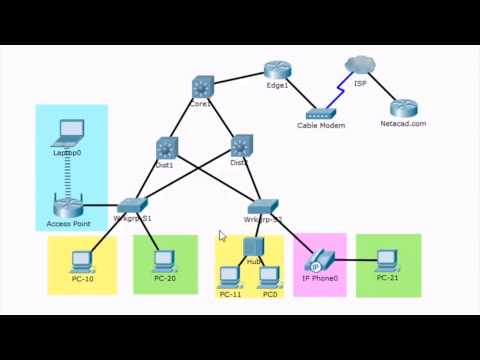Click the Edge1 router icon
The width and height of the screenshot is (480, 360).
(x=277, y=70)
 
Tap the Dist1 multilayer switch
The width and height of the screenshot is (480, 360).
(x=166, y=148)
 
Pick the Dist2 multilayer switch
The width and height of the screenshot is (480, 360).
(x=241, y=147)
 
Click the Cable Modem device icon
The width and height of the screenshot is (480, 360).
(x=321, y=114)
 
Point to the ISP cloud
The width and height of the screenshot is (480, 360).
(x=358, y=66)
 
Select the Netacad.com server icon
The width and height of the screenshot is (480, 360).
(x=403, y=109)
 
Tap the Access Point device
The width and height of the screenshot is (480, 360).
(x=68, y=208)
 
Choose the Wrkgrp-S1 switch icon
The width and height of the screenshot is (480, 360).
(x=132, y=203)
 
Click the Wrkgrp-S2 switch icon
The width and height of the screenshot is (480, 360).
(x=263, y=205)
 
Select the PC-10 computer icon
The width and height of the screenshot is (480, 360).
(x=81, y=262)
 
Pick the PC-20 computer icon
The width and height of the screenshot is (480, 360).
(x=165, y=261)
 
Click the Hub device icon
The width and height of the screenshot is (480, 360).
(x=252, y=246)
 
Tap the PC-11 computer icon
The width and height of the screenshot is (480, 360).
(x=230, y=277)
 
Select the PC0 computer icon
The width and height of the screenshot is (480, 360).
(x=269, y=277)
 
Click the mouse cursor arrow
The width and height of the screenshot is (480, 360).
(x=222, y=237)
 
